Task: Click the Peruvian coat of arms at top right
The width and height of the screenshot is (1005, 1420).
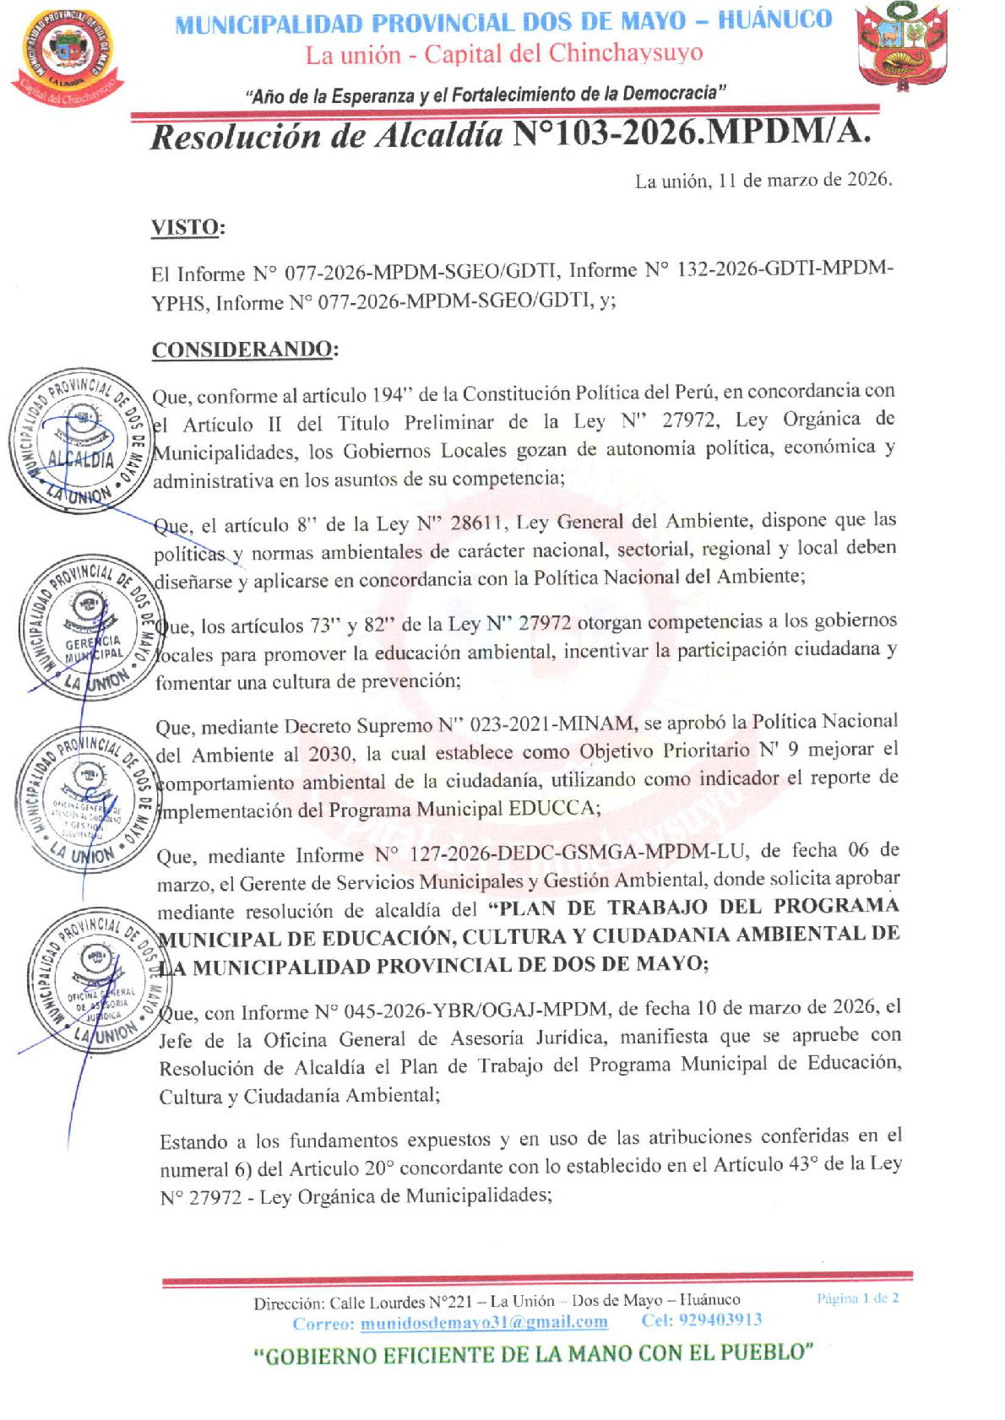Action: (896, 46)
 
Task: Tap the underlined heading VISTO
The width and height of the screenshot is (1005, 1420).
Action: (187, 227)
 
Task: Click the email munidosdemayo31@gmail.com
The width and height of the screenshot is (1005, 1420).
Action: (484, 1322)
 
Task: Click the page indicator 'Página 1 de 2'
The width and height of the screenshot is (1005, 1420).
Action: (857, 1298)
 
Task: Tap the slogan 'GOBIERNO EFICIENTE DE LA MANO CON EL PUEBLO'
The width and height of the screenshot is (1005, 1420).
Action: (533, 1354)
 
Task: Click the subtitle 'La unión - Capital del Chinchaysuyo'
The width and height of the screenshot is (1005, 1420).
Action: (504, 55)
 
